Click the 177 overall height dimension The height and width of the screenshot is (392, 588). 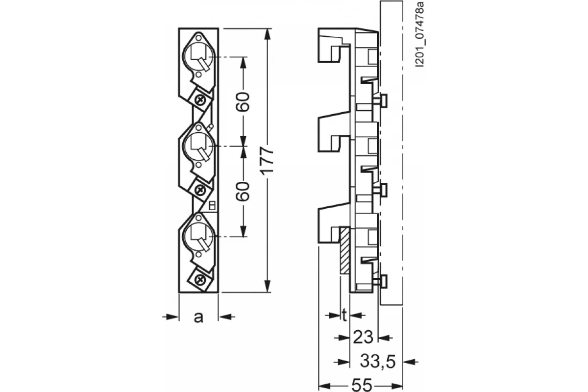[267, 161]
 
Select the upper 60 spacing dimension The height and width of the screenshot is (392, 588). [243, 101]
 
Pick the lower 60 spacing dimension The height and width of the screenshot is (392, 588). [243, 192]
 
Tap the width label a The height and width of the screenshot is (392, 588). [198, 318]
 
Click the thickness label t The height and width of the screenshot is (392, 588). [344, 316]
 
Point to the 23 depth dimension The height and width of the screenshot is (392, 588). [363, 338]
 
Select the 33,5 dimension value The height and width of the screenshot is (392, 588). [377, 362]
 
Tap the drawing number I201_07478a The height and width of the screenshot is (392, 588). [420, 34]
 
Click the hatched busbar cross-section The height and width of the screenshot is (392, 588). [344, 251]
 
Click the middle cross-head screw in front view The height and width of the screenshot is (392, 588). [200, 189]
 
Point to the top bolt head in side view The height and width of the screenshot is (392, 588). [384, 101]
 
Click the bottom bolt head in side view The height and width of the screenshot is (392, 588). [384, 281]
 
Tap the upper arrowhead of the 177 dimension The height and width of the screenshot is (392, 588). [267, 34]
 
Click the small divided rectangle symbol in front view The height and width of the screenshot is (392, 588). [212, 206]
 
